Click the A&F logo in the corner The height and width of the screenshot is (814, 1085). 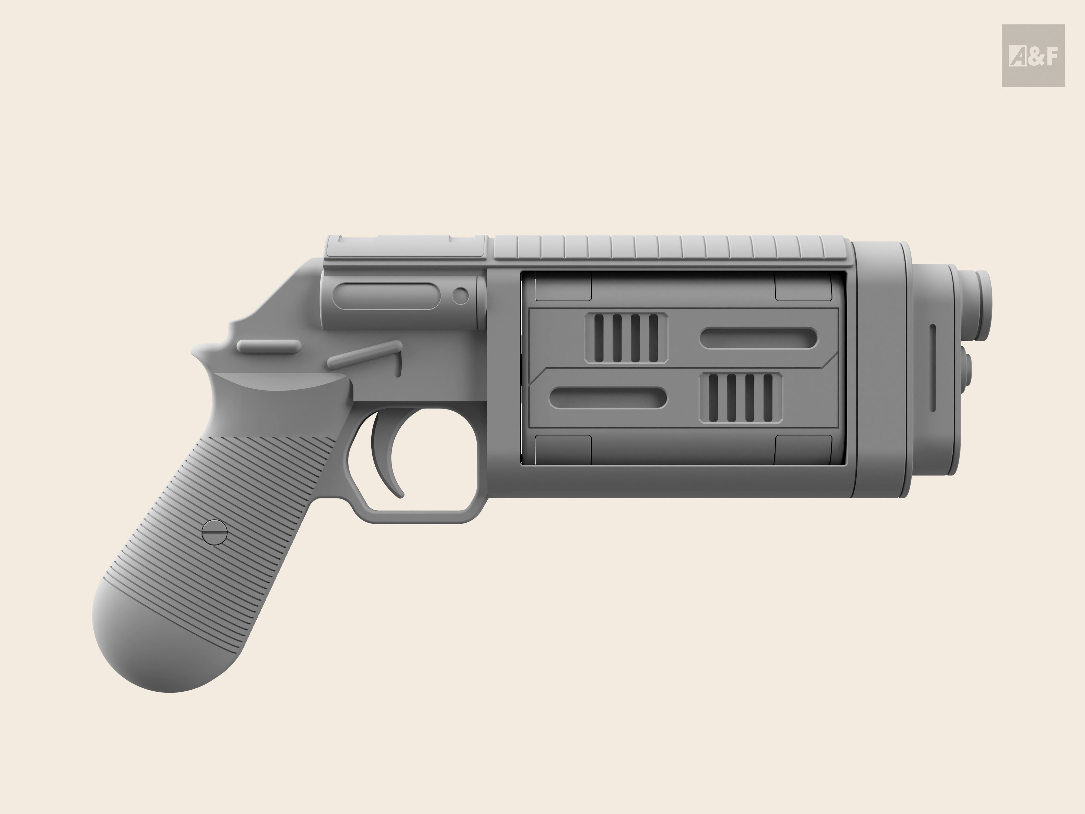(1033, 56)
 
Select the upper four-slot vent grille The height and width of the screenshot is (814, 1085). (626, 338)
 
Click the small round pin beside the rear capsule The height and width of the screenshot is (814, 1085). (460, 296)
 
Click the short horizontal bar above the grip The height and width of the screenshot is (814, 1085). (269, 345)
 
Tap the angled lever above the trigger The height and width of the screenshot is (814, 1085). (365, 355)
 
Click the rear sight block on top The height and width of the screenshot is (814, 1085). (406, 246)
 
